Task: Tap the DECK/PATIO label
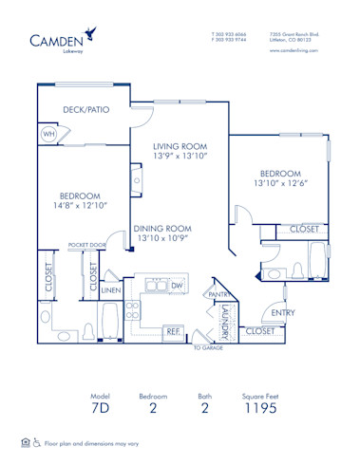[85, 109]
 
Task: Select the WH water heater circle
[48, 134]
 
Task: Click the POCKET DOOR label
[85, 246]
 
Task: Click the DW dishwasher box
[177, 285]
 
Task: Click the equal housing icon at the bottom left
[25, 442]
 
